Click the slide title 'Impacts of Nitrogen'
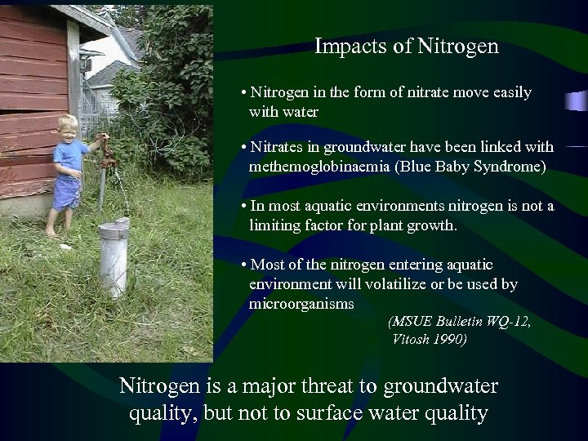click(x=406, y=47)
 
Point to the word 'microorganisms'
click(x=301, y=304)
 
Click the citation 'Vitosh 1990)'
click(x=430, y=339)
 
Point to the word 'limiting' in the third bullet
click(x=274, y=225)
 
